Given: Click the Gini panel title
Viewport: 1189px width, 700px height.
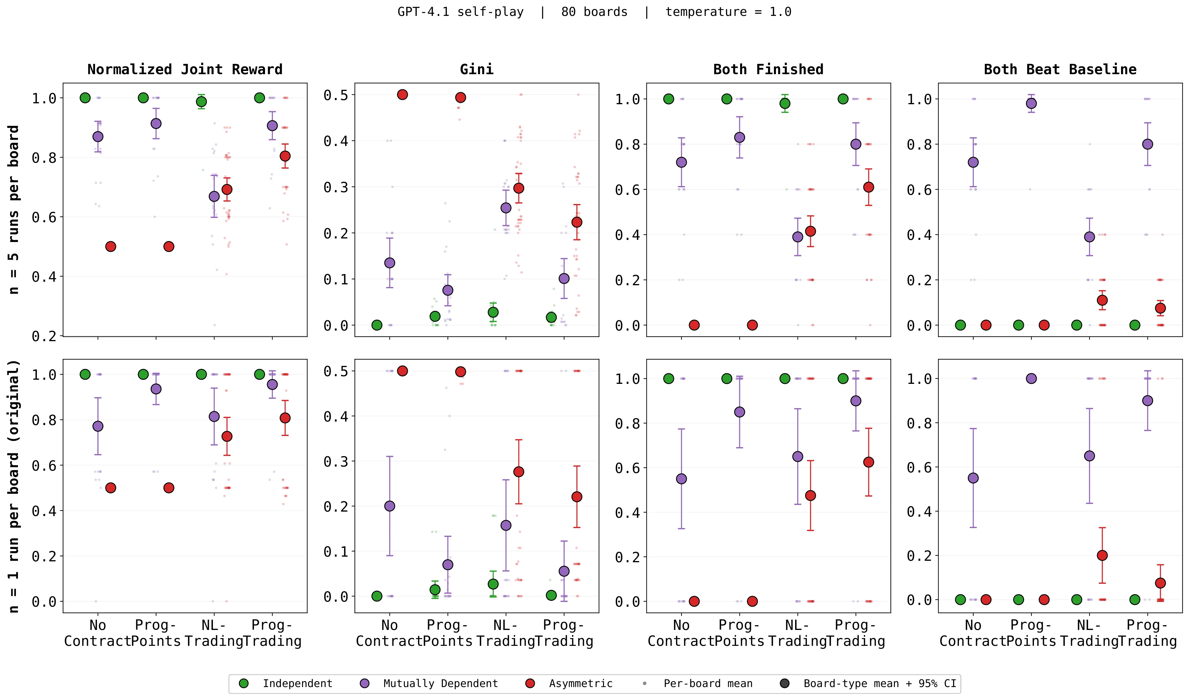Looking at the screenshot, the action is point(477,69).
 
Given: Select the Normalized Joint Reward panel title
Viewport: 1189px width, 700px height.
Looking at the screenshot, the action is point(185,69).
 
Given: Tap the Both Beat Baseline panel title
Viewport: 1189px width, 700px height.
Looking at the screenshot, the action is point(1060,69).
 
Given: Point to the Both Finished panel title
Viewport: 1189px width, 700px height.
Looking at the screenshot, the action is point(768,69).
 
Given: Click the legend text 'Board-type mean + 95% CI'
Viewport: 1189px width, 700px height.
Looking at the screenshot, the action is point(880,684).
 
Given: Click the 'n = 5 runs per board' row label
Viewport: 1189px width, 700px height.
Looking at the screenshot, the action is point(14,210).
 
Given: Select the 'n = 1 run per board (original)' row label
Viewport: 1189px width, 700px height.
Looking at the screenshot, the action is point(14,486).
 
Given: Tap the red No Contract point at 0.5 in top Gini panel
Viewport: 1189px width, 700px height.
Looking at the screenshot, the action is point(402,94).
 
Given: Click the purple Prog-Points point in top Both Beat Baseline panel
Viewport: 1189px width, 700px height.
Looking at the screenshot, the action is point(1031,103).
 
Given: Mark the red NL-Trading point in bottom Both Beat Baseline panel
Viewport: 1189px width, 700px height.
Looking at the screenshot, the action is point(1102,555).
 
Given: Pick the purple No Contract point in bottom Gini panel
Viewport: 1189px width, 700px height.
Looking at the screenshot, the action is point(390,506).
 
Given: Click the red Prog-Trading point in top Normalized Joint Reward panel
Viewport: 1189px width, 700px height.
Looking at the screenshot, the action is point(285,156).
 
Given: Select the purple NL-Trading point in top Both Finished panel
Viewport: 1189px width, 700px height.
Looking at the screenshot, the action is point(798,237).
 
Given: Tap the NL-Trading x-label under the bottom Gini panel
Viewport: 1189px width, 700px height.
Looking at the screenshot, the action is point(506,633).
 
